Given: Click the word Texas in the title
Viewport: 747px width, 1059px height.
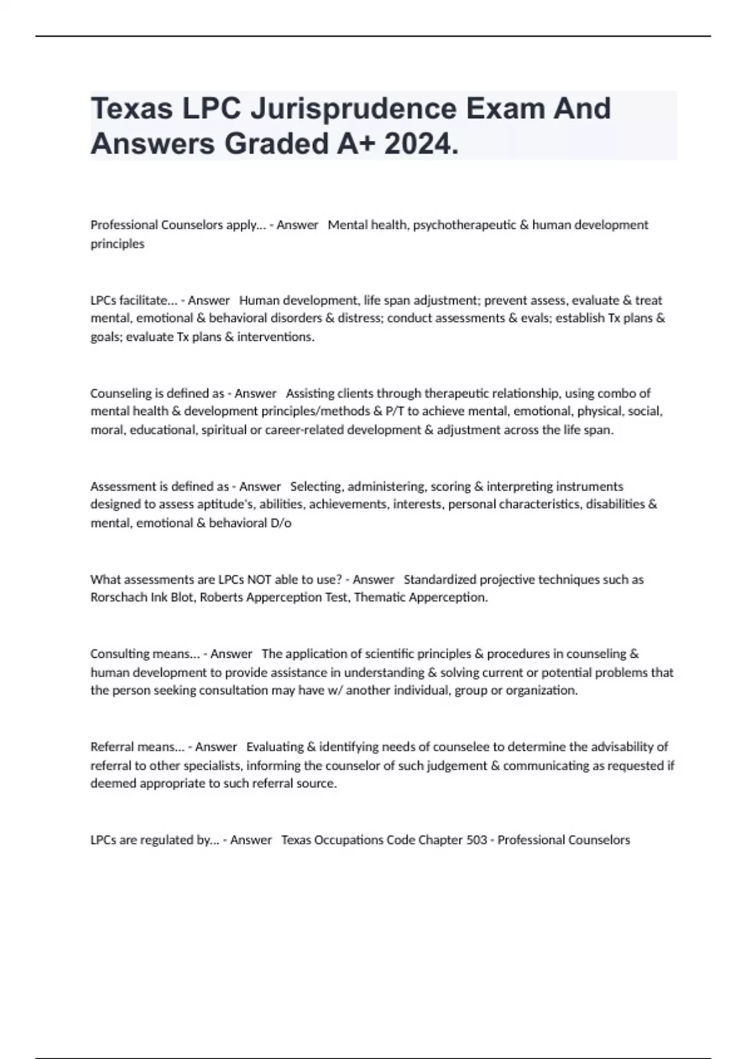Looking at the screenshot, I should pyautogui.click(x=131, y=109).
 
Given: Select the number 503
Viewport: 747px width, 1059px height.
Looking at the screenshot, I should pyautogui.click(x=476, y=840).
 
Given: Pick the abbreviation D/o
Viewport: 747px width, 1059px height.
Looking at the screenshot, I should pyautogui.click(x=281, y=523).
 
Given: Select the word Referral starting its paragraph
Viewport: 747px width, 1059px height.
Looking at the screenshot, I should pyautogui.click(x=112, y=747).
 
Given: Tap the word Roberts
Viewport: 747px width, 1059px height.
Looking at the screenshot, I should pyautogui.click(x=220, y=597).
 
